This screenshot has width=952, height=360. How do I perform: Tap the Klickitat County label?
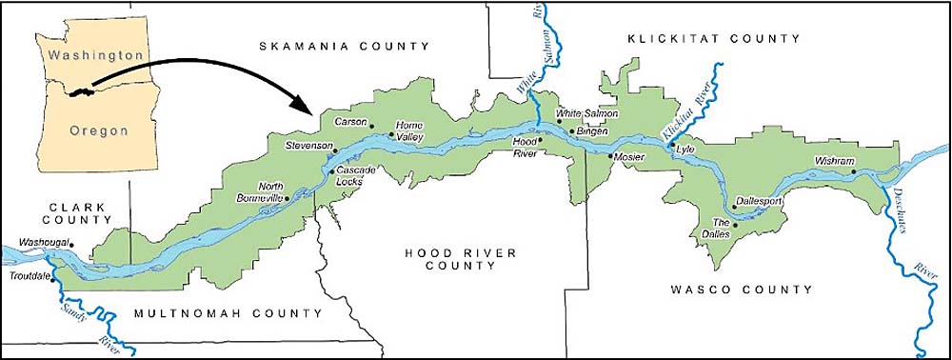tap(713, 38)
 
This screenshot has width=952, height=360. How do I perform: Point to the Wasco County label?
tap(741, 289)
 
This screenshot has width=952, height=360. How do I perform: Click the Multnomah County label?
tap(226, 313)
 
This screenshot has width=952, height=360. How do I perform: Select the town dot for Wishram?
tap(854, 171)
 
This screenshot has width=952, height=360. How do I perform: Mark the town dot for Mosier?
tap(610, 154)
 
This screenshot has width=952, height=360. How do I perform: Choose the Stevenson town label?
tap(309, 146)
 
